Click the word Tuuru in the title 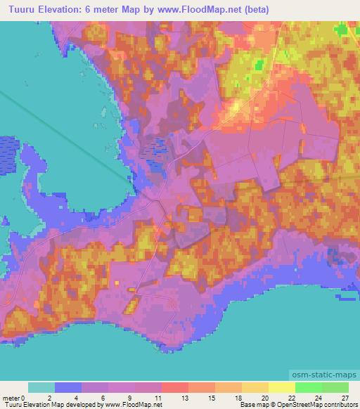tap(21, 9)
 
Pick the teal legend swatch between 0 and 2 tap(41, 387)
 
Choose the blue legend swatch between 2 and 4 tap(68, 387)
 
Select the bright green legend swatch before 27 tap(335, 387)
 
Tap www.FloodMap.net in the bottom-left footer tap(134, 405)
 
